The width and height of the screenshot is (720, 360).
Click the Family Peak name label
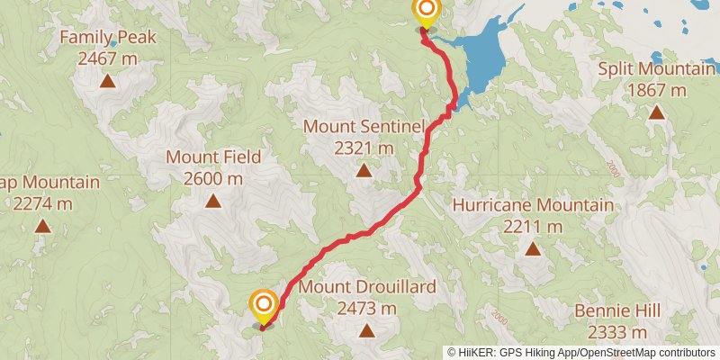pos(108,38)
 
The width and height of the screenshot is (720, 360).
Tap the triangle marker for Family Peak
pos(107,82)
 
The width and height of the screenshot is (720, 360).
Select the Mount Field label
pos(213,157)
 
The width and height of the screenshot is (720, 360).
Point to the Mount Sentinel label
pos(364,126)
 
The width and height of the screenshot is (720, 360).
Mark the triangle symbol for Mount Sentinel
pos(364,170)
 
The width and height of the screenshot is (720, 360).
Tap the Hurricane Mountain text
pos(533,205)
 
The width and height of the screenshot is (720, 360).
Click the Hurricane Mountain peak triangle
pos(533,249)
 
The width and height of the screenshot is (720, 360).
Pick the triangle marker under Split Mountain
pos(657,113)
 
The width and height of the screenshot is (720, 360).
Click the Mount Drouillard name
pos(367,287)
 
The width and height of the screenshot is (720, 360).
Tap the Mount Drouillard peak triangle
pos(367,330)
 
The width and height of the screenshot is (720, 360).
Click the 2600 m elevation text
pos(213,178)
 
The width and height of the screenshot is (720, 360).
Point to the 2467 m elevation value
pos(108,58)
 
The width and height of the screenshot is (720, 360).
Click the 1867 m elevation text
pos(657,90)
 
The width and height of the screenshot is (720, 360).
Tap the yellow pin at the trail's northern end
pos(426,12)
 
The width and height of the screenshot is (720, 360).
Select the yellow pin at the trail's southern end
pos(264,306)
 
